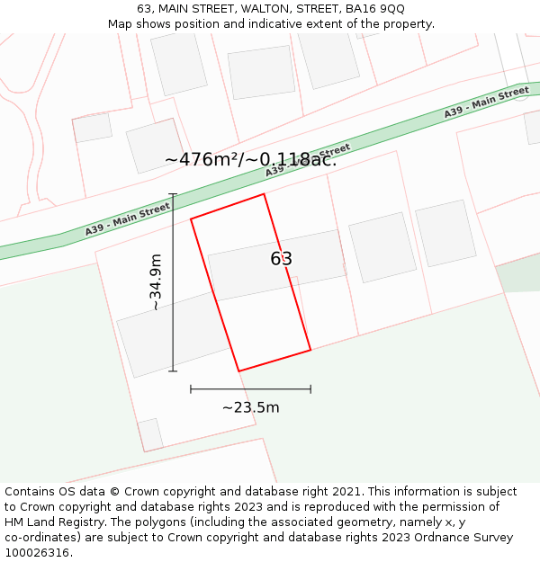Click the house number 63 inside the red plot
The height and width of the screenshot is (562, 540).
[x=281, y=259]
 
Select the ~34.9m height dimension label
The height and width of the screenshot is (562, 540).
[x=156, y=282]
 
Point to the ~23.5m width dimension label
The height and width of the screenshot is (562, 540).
[x=250, y=407]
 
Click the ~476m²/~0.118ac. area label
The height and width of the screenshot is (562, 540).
[x=250, y=159]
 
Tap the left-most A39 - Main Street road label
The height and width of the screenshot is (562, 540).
[x=128, y=219]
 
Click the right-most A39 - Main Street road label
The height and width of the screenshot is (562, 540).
[x=486, y=103]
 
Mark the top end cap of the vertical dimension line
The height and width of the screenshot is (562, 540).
[x=173, y=194]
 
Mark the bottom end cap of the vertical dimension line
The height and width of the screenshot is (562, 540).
[x=173, y=370]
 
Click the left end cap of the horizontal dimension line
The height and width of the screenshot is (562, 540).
[x=191, y=389]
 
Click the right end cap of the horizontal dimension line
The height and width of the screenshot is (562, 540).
[x=310, y=389]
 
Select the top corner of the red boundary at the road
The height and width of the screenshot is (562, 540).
[x=264, y=194]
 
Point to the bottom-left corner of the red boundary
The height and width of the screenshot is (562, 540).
[x=238, y=370]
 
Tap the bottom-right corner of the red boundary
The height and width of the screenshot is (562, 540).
[x=310, y=350]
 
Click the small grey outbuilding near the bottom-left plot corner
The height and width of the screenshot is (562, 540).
[x=150, y=434]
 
